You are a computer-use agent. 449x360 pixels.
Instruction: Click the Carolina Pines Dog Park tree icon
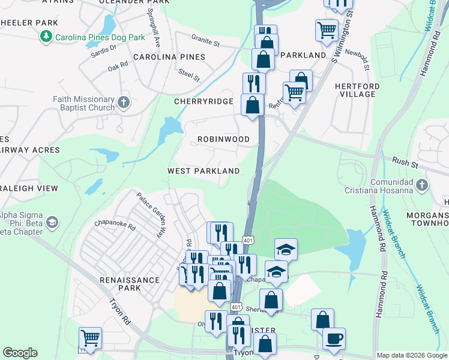point(46,37)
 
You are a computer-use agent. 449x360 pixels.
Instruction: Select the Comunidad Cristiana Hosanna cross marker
point(423,185)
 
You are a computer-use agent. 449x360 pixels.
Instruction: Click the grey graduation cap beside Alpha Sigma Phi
point(52,223)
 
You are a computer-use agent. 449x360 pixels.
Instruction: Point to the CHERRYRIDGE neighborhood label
point(203,101)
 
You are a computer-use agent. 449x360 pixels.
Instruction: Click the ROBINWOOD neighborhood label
point(224,139)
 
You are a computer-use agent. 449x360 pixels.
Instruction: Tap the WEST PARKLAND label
point(203,171)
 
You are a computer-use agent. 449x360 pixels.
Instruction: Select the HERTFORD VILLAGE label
point(357,90)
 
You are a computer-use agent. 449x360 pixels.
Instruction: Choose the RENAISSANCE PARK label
point(130,284)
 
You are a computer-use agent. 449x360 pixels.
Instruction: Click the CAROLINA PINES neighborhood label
point(169,57)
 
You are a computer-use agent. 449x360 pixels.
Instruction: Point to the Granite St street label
point(206,44)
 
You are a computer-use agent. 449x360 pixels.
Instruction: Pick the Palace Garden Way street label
point(149,207)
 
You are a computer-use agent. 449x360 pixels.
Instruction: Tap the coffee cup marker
point(334,338)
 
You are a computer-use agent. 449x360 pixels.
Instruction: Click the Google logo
point(20,353)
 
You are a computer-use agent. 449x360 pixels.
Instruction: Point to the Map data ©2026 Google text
point(411,355)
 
